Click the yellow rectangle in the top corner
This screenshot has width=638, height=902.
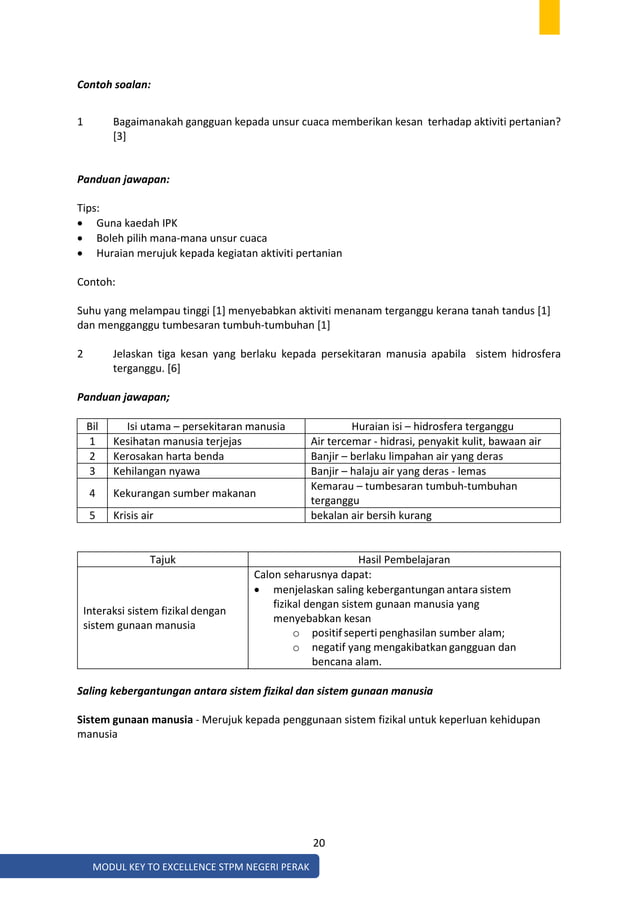coord(549,17)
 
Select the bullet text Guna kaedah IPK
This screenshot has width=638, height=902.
coord(137,223)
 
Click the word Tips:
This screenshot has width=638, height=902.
coord(90,208)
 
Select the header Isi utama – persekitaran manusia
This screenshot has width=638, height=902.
coord(205,426)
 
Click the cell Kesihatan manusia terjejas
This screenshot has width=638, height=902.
coord(177,441)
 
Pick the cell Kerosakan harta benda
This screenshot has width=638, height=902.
coord(168,456)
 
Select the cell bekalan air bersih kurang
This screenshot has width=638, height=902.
coord(371,515)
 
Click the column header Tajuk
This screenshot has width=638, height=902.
coord(162,560)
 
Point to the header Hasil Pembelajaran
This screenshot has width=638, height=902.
coord(404,560)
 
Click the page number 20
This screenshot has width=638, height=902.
coord(318,843)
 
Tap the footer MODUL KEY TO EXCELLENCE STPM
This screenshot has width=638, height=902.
coord(200,866)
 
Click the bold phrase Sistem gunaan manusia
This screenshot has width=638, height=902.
coord(135,720)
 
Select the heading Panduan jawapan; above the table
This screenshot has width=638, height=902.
coord(123,397)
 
